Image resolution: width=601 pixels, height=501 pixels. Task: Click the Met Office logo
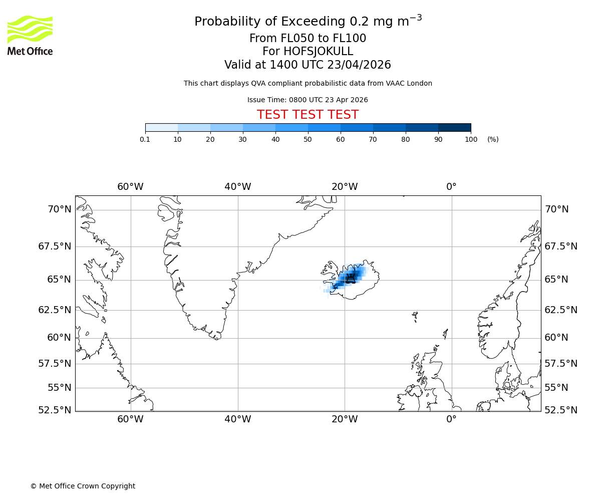30,35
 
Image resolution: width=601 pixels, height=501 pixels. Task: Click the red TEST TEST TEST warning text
308,115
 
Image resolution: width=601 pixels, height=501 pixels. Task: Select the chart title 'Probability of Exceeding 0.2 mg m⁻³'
308,22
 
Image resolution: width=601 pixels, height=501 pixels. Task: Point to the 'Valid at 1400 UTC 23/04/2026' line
308,65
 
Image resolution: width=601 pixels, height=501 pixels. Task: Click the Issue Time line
308,100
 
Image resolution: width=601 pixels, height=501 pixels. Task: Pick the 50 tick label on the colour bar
308,139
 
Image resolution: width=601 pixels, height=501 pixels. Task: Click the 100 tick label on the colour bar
471,139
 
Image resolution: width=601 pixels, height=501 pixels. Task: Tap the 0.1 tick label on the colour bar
145,139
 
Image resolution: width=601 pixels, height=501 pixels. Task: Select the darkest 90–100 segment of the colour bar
454,127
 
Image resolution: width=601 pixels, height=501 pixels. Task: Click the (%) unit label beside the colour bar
493,139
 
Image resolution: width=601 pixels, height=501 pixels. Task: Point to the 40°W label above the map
237,187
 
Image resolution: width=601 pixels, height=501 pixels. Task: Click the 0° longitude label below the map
451,419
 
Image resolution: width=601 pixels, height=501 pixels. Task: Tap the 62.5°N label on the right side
561,310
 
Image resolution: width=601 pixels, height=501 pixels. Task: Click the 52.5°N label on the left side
55,410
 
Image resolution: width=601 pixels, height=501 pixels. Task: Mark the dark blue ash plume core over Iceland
350,277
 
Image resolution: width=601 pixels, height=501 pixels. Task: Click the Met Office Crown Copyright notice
83,486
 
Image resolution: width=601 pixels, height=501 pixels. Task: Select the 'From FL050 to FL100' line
308,39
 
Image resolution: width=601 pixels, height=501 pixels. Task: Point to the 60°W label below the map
130,419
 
